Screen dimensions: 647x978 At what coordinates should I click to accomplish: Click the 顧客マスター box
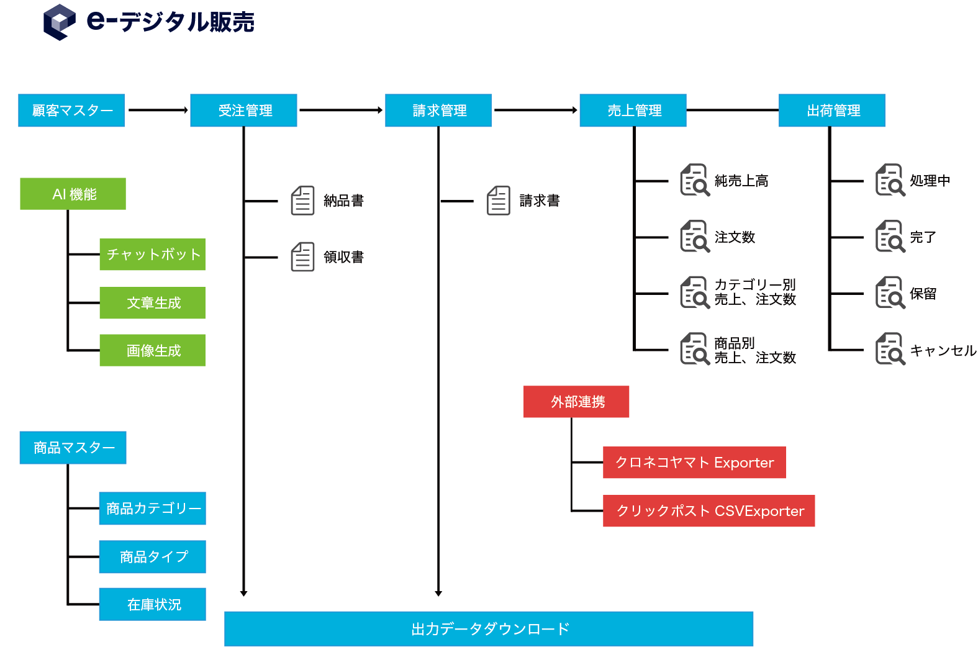(71, 111)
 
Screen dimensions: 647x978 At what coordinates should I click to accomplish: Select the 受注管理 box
(243, 111)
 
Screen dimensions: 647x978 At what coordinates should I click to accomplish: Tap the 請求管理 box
(438, 111)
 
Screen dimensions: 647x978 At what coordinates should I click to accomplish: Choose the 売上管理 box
(633, 111)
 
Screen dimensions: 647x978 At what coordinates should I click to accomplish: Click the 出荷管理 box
(832, 111)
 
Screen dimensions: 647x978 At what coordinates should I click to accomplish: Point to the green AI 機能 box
(73, 194)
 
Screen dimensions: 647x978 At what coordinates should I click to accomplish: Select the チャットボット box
(152, 255)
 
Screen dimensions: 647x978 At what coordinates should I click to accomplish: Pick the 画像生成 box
(152, 350)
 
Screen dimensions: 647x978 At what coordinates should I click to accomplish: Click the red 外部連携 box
(576, 402)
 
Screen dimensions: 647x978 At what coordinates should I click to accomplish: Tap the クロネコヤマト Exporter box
(694, 463)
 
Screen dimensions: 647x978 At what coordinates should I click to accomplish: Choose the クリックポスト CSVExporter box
(709, 511)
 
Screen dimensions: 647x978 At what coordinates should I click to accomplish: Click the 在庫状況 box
(152, 604)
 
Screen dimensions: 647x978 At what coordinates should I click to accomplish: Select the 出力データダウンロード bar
(489, 628)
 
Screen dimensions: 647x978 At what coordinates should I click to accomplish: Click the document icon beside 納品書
(302, 201)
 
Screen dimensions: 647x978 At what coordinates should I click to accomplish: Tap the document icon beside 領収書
(302, 257)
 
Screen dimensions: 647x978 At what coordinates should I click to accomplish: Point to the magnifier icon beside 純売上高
(695, 180)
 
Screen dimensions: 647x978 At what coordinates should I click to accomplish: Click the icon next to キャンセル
(890, 349)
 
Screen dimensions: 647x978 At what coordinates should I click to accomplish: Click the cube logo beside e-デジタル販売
(60, 22)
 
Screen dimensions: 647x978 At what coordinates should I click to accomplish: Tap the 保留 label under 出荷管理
(923, 294)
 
